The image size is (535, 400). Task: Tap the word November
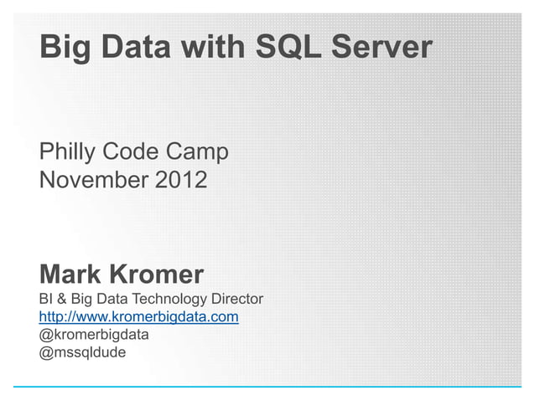coord(87,179)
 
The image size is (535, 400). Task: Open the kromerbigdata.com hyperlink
coord(139,317)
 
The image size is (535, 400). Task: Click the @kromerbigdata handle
coord(93,335)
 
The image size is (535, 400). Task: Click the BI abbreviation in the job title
coord(45,299)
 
